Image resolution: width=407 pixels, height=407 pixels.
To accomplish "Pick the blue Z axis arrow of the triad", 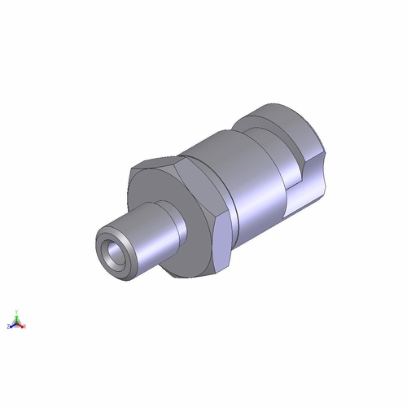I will click(x=11, y=326).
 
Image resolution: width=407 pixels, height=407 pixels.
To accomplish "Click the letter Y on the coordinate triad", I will click(x=15, y=311).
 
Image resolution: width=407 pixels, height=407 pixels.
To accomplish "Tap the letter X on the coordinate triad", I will click(x=25, y=326).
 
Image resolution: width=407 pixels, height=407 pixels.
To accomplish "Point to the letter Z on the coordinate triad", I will click(x=7, y=326).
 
